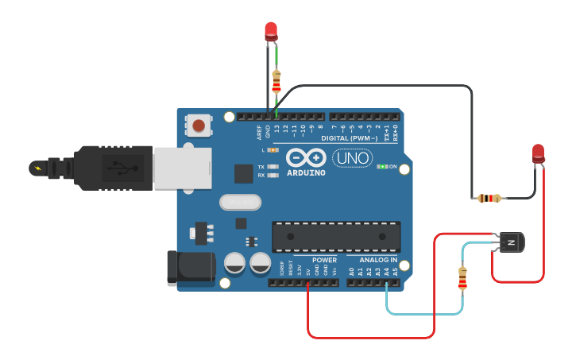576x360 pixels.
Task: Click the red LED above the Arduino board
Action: (271, 31)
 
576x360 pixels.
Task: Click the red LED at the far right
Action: (538, 153)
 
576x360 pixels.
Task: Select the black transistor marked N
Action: (510, 242)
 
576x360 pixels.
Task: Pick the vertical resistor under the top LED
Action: (276, 80)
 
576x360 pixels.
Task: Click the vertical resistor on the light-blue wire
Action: (463, 277)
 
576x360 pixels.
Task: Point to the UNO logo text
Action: (352, 158)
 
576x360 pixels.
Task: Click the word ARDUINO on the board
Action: (305, 172)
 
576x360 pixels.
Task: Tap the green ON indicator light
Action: (382, 167)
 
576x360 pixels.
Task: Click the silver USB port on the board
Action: (182, 168)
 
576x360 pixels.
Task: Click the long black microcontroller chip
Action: (336, 236)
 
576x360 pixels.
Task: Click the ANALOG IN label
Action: (377, 260)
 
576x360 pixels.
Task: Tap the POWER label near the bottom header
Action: (324, 260)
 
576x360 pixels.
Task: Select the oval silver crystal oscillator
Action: (240, 203)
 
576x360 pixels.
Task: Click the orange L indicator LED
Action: (273, 149)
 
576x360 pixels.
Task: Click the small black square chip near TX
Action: (243, 173)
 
